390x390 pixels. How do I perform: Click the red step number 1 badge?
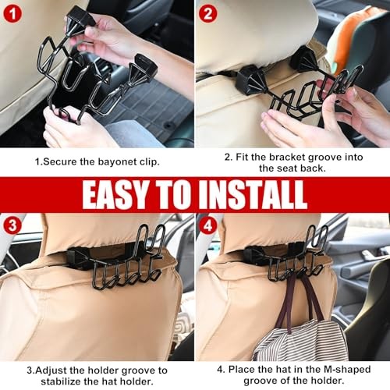(12, 14)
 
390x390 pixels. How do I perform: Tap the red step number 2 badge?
(207, 14)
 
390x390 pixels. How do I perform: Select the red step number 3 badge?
(12, 225)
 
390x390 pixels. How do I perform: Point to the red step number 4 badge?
(207, 225)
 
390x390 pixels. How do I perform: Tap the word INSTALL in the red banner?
(253, 194)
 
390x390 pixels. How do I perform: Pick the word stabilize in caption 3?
(61, 381)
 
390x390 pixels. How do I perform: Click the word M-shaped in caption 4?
(347, 370)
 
